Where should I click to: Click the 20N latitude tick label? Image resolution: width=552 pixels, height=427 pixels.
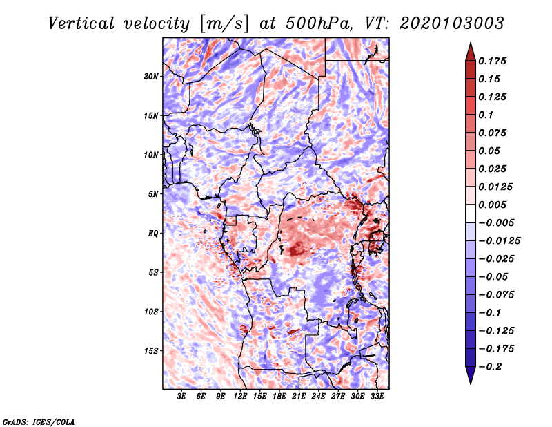pos(151,77)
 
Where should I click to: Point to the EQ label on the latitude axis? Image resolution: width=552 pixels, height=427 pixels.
pos(152,234)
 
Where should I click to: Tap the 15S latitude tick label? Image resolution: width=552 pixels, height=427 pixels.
pos(151,351)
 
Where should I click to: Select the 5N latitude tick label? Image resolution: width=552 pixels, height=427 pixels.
pos(153,194)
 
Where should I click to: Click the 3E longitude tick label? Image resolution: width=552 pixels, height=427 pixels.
pos(181,397)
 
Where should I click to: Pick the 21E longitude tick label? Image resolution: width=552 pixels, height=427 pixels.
pos(299,397)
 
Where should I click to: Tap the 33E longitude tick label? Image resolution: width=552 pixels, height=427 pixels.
pos(377,397)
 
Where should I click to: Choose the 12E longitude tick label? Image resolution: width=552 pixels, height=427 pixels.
pos(240,397)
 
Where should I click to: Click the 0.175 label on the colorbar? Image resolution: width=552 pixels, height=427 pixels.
pos(492,61)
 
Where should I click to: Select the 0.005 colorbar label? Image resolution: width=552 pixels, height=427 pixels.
pos(492,205)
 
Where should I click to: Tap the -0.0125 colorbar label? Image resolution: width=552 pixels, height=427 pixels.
pos(499,241)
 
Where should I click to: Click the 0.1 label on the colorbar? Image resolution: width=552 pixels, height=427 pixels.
pos(486,115)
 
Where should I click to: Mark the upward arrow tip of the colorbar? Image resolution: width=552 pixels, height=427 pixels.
pos(471,43)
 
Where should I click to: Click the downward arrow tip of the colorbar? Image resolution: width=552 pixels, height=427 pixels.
pos(471,384)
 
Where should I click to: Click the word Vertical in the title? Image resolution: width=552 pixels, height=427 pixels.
pos(81,23)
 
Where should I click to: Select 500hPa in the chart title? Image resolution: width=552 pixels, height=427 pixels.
pos(319,23)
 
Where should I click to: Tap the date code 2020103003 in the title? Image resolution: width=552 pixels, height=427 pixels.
pos(452,23)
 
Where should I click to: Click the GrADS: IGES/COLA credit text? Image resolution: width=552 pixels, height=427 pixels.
pos(39,421)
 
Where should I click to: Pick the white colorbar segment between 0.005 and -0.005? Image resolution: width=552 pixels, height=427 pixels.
pos(471,213)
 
